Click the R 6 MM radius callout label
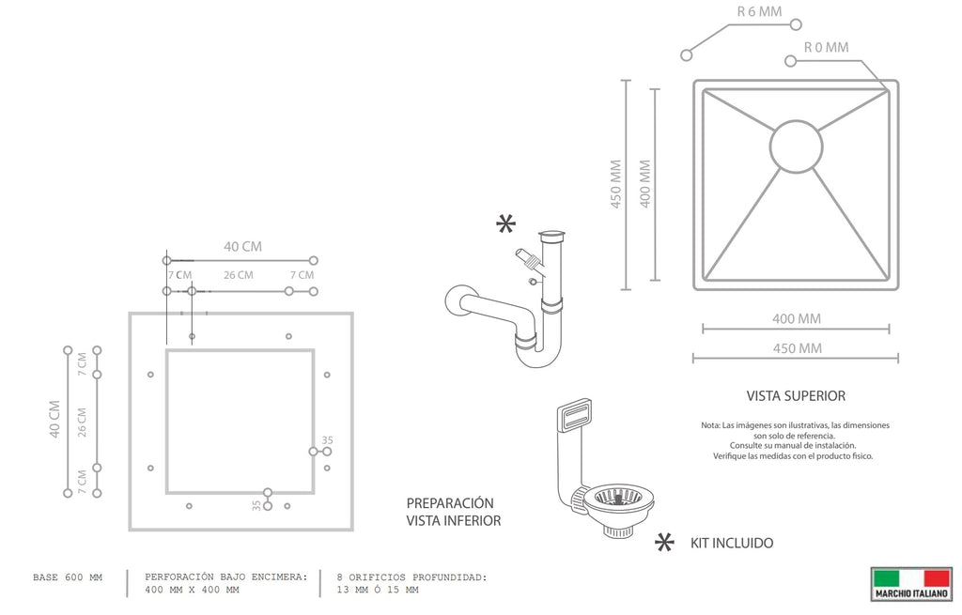pyautogui.click(x=759, y=11)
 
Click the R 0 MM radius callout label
pyautogui.click(x=827, y=47)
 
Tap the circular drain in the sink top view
pyautogui.click(x=797, y=146)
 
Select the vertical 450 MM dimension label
pyautogui.click(x=616, y=184)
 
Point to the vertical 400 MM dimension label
pyautogui.click(x=644, y=184)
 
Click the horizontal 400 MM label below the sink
pyautogui.click(x=797, y=319)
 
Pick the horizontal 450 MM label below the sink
pyautogui.click(x=797, y=348)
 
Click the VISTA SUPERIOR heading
pyautogui.click(x=796, y=396)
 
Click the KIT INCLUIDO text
pyautogui.click(x=732, y=544)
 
